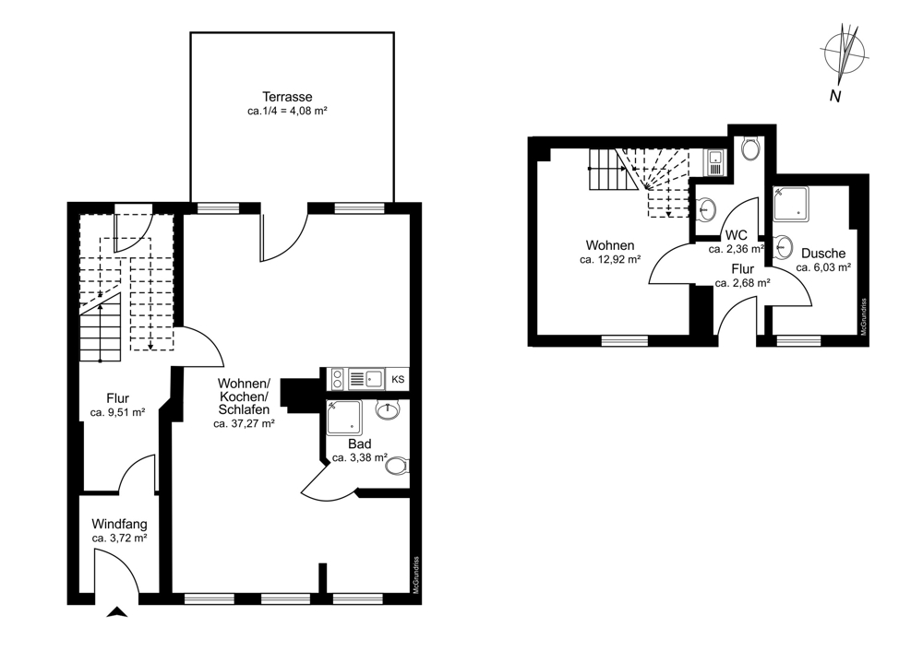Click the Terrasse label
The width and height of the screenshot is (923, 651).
pyautogui.click(x=287, y=97)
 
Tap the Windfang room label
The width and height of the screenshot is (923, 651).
pyautogui.click(x=119, y=524)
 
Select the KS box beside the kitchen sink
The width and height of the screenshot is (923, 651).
pyautogui.click(x=398, y=379)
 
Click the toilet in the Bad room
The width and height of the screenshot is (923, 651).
pyautogui.click(x=397, y=467)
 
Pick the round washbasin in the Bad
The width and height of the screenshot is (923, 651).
pyautogui.click(x=388, y=410)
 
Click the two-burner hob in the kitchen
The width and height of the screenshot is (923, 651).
pyautogui.click(x=338, y=379)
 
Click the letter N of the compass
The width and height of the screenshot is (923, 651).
pyautogui.click(x=834, y=97)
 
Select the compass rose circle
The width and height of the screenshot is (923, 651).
pyautogui.click(x=845, y=53)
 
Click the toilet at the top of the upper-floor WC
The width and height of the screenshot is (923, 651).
pyautogui.click(x=750, y=148)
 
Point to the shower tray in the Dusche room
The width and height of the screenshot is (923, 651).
pyautogui.click(x=791, y=204)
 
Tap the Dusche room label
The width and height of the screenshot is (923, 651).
pyautogui.click(x=823, y=254)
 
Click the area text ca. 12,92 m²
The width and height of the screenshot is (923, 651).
pyautogui.click(x=610, y=259)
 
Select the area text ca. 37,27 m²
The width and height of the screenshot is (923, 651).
pyautogui.click(x=245, y=423)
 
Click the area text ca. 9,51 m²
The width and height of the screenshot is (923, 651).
pyautogui.click(x=118, y=413)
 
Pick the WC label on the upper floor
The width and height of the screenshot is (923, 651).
pyautogui.click(x=737, y=236)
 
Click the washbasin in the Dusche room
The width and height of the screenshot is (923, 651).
pyautogui.click(x=783, y=246)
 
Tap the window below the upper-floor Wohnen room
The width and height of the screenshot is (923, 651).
pyautogui.click(x=625, y=340)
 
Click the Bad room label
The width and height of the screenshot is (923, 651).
pyautogui.click(x=360, y=444)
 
